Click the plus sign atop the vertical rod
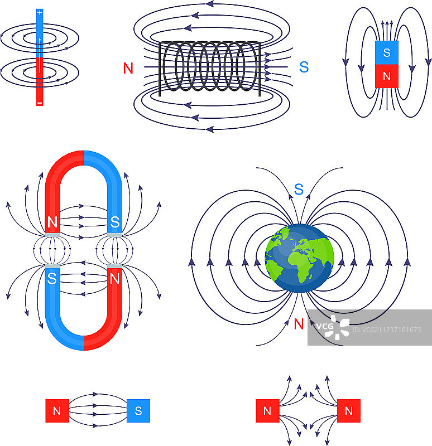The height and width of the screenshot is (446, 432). tap(39, 12)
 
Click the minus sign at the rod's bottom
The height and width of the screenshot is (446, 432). tap(39, 103)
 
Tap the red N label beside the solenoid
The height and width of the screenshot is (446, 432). tap(128, 68)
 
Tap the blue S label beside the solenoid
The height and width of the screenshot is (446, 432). tap(304, 67)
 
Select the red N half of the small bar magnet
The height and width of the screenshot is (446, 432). tap(387, 76)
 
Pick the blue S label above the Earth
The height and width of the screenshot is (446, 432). tap(299, 190)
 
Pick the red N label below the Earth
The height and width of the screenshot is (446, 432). tap(299, 323)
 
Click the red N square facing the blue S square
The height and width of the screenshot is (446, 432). tap(56, 411)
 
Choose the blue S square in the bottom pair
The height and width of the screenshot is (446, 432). tap(138, 411)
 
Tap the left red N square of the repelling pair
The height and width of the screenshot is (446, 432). tap(267, 411)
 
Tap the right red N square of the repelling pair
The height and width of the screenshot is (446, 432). tap(349, 411)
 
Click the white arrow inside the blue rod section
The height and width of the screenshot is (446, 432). tap(40, 41)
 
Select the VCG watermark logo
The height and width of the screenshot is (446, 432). tap(333, 327)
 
